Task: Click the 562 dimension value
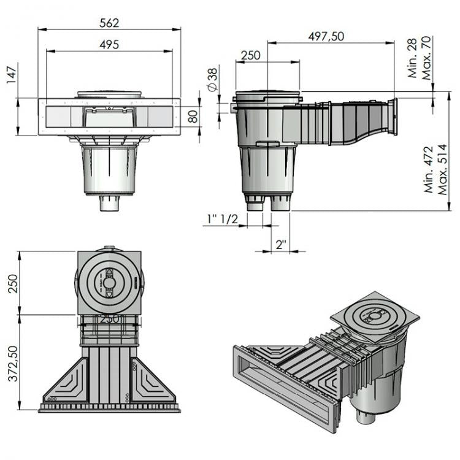[110, 22]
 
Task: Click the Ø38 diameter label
[212, 80]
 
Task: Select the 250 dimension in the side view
[250, 55]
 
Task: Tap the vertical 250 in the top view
[10, 283]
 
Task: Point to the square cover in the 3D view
[375, 318]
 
